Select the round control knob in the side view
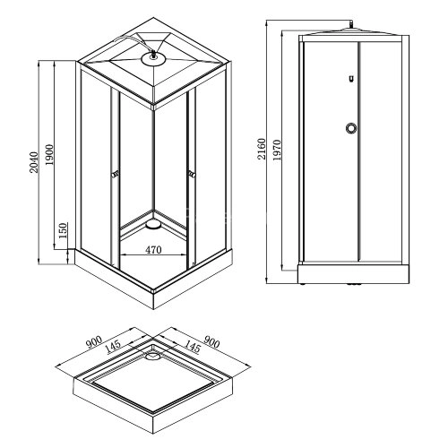(349, 128)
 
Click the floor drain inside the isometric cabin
(153, 215)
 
